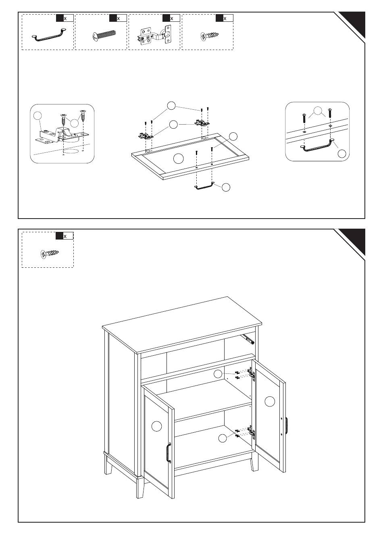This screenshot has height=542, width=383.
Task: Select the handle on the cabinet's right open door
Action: tap(286, 425)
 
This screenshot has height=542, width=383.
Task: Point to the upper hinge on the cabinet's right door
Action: tap(252, 375)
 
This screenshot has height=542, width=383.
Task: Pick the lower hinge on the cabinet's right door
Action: tap(252, 432)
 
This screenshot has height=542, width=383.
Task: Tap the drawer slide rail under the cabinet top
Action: tap(248, 339)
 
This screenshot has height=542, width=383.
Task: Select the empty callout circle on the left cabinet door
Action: tap(156, 425)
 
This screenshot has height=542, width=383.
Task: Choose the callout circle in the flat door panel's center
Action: tap(179, 158)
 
